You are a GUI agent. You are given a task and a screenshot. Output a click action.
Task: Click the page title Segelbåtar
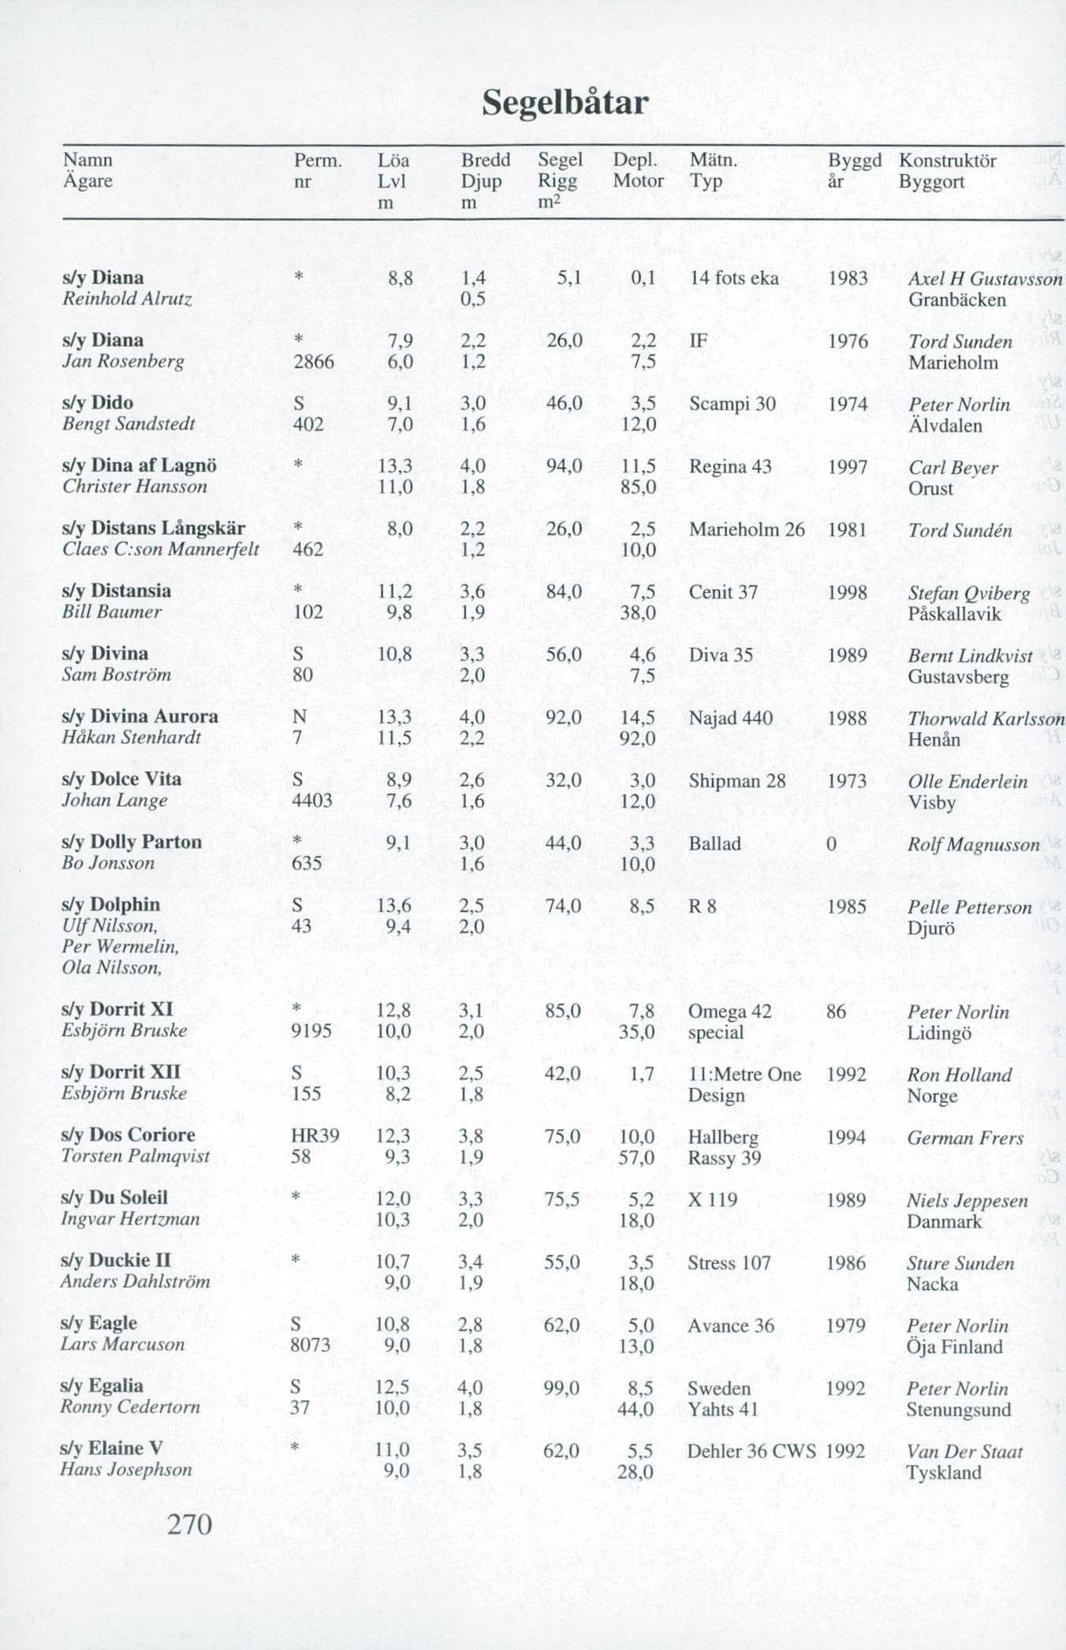coord(565,103)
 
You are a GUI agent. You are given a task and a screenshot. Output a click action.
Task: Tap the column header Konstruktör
coord(947,161)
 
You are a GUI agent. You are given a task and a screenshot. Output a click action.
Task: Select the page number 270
coord(190,1525)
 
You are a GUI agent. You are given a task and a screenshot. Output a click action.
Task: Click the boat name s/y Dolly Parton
coord(132,842)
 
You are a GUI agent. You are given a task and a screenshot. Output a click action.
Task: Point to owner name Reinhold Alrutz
coord(127,299)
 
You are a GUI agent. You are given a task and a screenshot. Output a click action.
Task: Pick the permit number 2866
coord(313,362)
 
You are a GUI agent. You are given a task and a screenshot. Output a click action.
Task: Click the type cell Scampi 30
coord(732,404)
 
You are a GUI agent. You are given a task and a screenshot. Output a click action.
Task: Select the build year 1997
coord(847,467)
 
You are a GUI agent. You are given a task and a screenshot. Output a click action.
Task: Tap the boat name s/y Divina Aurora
coord(140,717)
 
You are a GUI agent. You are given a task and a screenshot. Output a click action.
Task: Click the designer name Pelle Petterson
coord(969,907)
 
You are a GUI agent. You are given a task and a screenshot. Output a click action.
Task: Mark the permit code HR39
coord(315,1136)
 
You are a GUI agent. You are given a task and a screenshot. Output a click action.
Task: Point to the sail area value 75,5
coord(561,1200)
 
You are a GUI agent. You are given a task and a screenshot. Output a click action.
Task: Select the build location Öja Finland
coord(954,1347)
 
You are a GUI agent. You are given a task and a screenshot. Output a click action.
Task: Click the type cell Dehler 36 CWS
coord(751,1451)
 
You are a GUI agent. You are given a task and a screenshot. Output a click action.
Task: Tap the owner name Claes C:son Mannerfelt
coord(161,549)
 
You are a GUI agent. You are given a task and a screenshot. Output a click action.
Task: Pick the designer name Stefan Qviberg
coord(968,594)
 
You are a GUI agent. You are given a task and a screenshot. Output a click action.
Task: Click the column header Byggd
coord(854,161)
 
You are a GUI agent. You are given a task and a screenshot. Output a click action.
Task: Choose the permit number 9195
coord(311,1031)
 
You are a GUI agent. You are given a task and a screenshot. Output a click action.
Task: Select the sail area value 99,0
coord(561,1388)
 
